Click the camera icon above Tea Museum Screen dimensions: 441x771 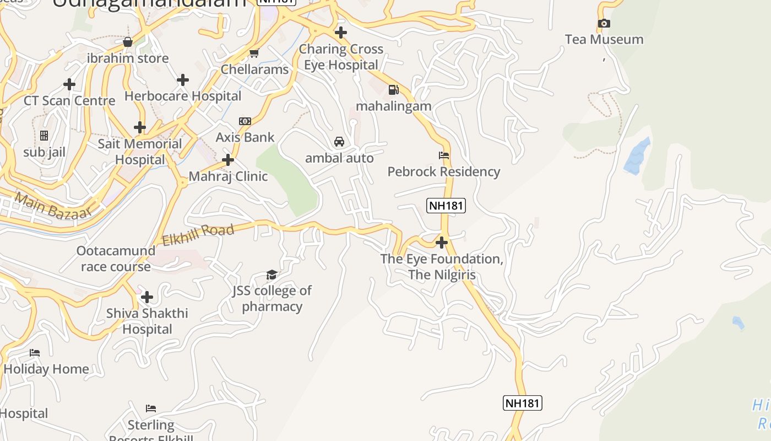[604, 23]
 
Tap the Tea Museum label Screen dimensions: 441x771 [604, 40]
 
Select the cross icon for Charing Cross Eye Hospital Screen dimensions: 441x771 [341, 33]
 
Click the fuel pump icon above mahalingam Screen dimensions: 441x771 [393, 90]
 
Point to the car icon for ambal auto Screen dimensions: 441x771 [339, 142]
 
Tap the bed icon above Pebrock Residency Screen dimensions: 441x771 [444, 155]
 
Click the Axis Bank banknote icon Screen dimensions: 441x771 [245, 121]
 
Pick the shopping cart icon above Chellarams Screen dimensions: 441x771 [254, 53]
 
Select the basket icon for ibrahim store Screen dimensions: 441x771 [128, 42]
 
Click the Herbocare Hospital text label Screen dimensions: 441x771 [183, 96]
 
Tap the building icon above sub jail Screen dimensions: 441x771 [44, 136]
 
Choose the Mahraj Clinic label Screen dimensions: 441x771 [228, 176]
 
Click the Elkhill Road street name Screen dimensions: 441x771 [198, 235]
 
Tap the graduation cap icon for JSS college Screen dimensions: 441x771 [272, 275]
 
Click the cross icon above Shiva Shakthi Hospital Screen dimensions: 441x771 [147, 298]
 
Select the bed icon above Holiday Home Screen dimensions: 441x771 [35, 353]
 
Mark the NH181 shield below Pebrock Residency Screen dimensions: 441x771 [446, 206]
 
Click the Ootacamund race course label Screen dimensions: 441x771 [116, 259]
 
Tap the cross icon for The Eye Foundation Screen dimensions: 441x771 [441, 243]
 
